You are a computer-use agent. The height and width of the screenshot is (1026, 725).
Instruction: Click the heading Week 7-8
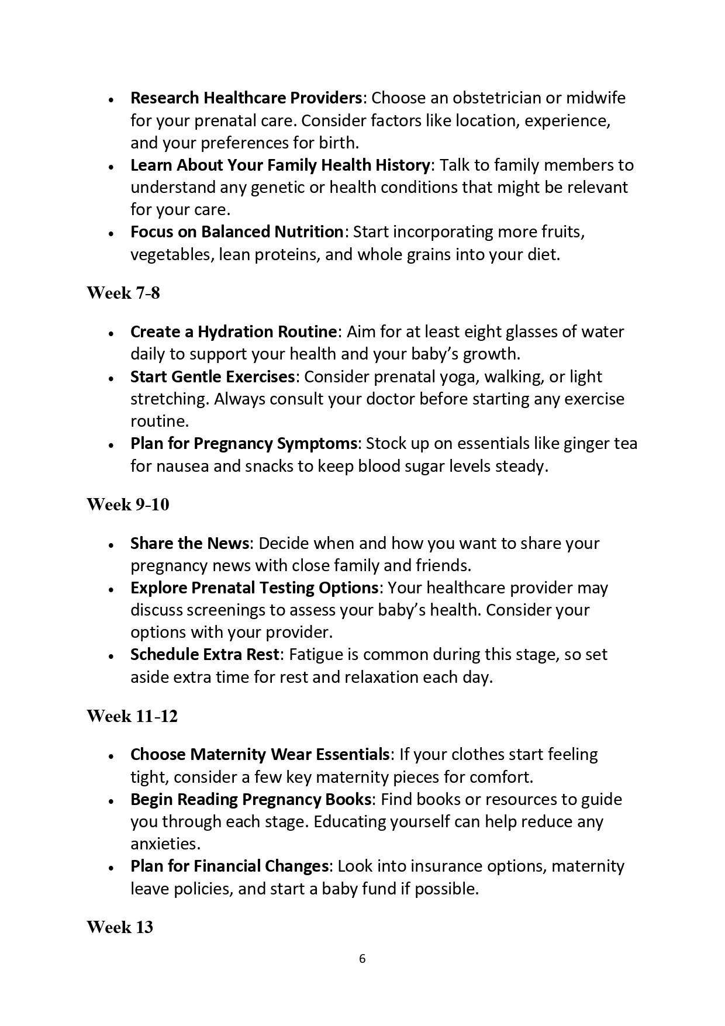pos(123,293)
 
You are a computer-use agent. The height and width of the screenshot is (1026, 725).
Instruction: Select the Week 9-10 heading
pos(128,505)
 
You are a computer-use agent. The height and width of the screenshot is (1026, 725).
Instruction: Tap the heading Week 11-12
pos(132,716)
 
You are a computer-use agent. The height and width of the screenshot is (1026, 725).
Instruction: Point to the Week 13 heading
pos(120,927)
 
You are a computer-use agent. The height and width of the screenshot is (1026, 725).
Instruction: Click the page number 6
pos(362,959)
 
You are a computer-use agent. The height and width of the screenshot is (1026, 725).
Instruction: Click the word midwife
pos(595,98)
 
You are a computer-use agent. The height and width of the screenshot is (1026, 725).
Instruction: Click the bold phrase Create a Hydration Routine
pos(233,332)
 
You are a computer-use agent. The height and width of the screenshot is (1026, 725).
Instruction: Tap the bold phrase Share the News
pos(190,544)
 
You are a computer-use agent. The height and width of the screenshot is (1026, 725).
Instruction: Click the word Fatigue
pos(316,655)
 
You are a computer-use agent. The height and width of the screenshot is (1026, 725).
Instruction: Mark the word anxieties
pos(165,844)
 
